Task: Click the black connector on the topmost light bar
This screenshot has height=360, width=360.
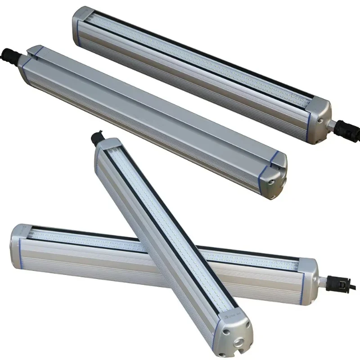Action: (x=349, y=128)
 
